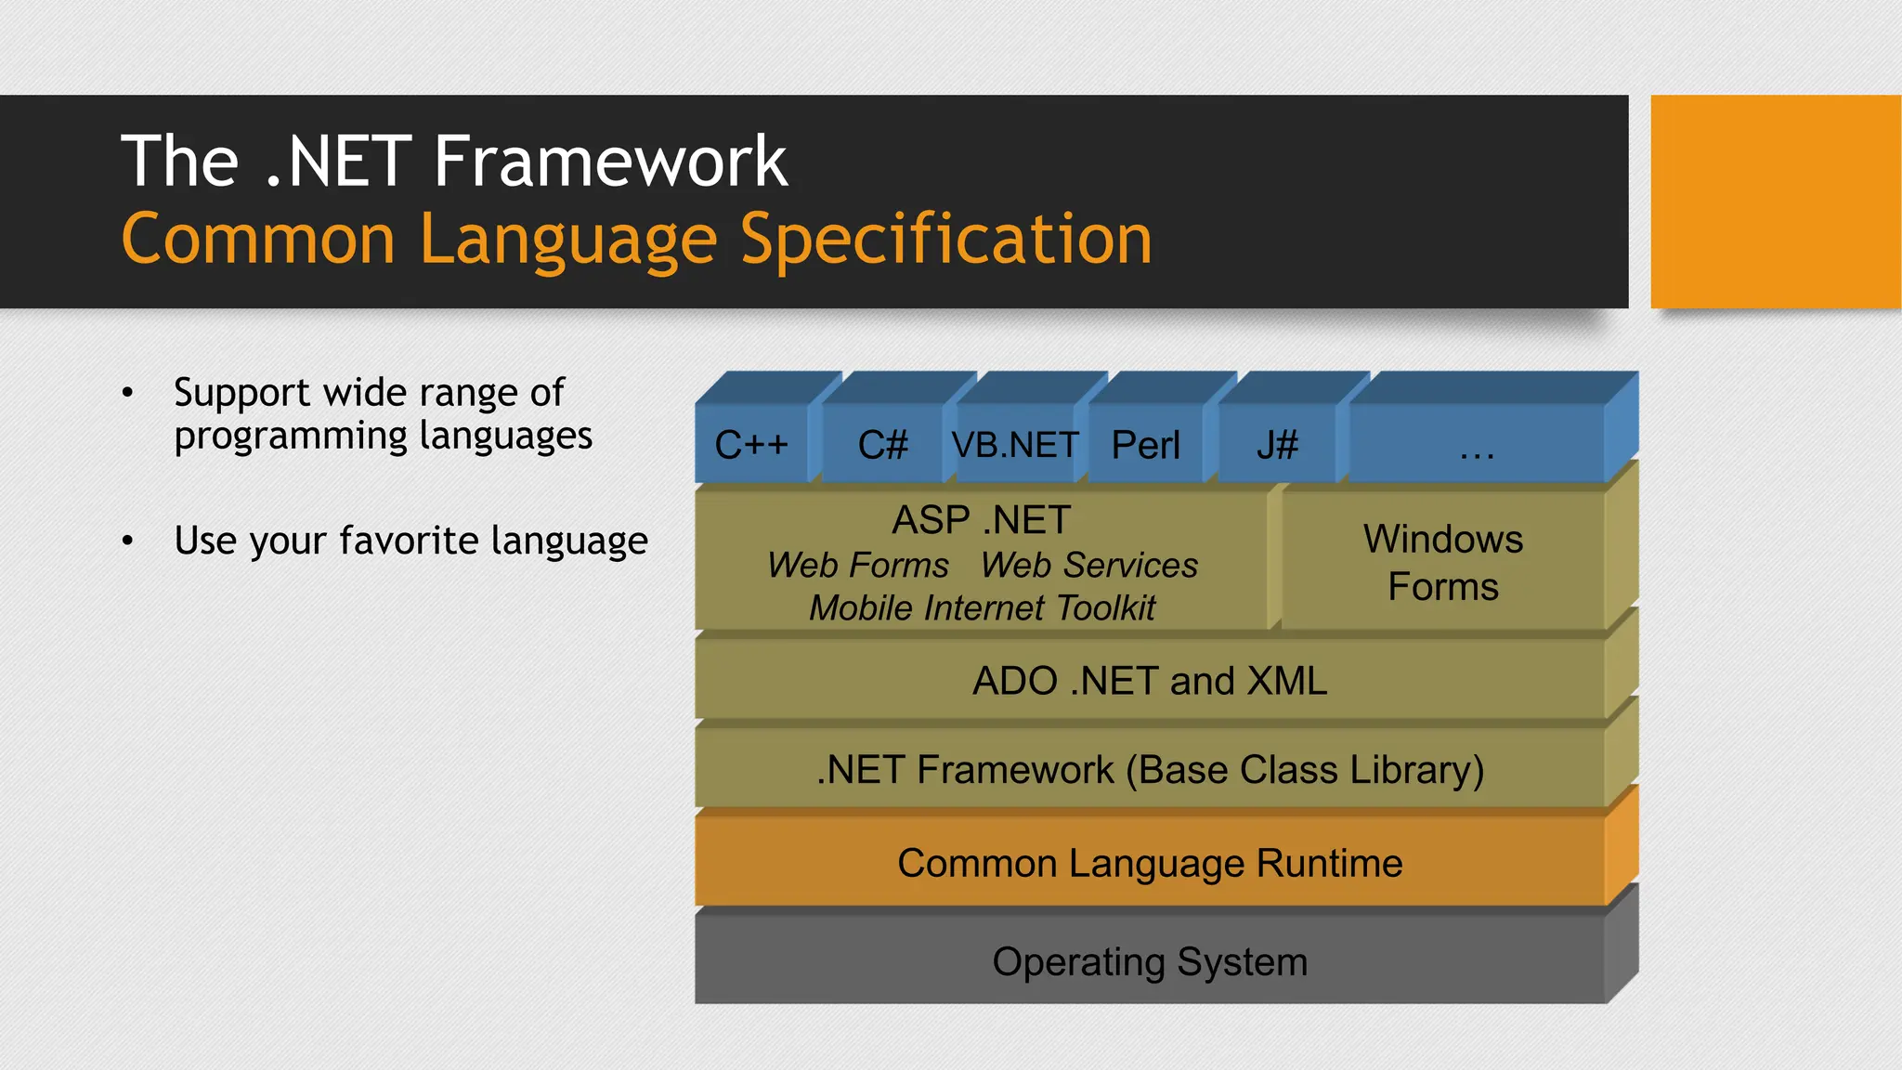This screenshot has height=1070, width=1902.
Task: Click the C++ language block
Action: [751, 445]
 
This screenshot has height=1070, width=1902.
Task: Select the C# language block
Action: [882, 445]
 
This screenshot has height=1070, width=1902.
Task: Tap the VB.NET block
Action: [1015, 445]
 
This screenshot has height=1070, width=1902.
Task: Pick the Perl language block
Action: [1146, 445]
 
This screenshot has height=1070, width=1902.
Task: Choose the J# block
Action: [1277, 445]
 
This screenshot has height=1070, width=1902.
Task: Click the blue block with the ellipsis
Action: [1477, 445]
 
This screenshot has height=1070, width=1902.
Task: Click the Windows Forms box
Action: [1443, 563]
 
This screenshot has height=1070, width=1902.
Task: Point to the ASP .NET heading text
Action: [982, 520]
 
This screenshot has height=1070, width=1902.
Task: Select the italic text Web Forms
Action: [858, 566]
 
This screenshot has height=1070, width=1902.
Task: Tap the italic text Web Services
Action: [1089, 566]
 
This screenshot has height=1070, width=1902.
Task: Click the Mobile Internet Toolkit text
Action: [982, 608]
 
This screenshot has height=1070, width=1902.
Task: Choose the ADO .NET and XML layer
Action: [1150, 681]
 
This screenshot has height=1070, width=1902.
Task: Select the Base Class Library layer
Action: [1150, 770]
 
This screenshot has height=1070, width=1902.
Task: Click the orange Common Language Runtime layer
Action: [1150, 863]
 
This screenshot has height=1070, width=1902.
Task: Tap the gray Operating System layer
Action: [1150, 961]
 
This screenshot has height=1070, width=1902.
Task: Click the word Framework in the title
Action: [610, 162]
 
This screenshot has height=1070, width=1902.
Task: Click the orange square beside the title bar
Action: [1775, 202]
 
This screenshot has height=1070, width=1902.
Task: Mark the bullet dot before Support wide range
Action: [128, 393]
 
